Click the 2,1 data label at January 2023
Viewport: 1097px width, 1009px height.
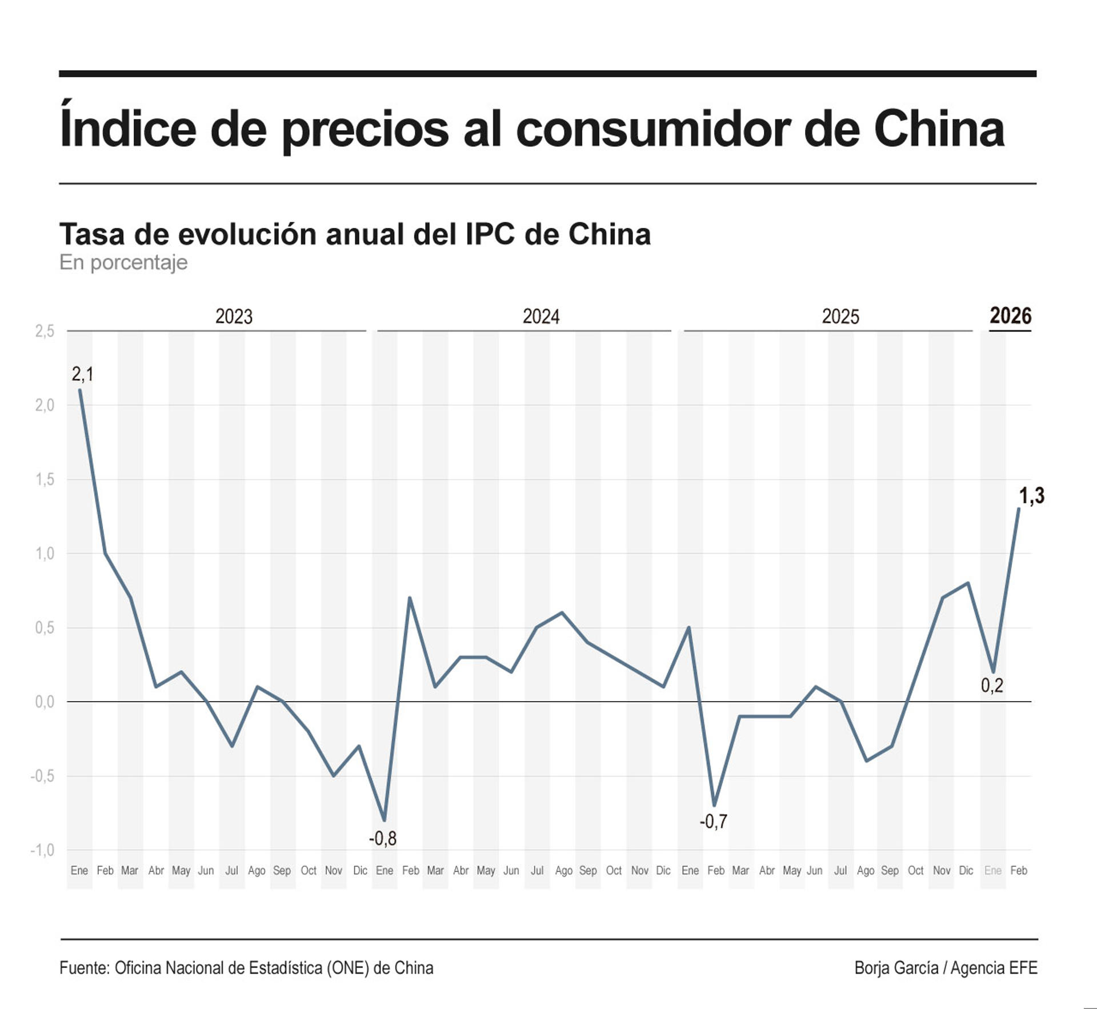(82, 374)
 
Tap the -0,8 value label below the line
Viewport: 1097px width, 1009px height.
(382, 838)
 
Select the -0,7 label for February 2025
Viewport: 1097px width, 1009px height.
(713, 821)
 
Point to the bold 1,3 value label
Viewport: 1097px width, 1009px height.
(1031, 495)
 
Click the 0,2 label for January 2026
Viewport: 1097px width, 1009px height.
(991, 685)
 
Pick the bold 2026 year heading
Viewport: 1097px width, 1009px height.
(1010, 316)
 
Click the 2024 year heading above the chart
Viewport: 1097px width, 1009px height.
(541, 317)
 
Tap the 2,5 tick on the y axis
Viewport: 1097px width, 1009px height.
(45, 331)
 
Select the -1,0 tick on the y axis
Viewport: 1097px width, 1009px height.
(42, 850)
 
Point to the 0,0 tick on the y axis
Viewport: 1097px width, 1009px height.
(45, 702)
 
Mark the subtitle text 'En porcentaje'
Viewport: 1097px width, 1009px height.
(123, 262)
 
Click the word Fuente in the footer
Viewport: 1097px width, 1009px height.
(84, 967)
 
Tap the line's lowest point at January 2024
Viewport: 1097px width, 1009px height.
(384, 820)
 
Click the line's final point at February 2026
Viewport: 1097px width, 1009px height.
(1018, 508)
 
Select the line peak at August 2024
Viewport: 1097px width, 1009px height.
(562, 612)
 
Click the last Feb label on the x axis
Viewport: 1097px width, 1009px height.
(1018, 870)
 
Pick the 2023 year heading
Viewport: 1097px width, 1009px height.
(234, 317)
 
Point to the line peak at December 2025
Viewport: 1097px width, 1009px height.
(967, 583)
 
